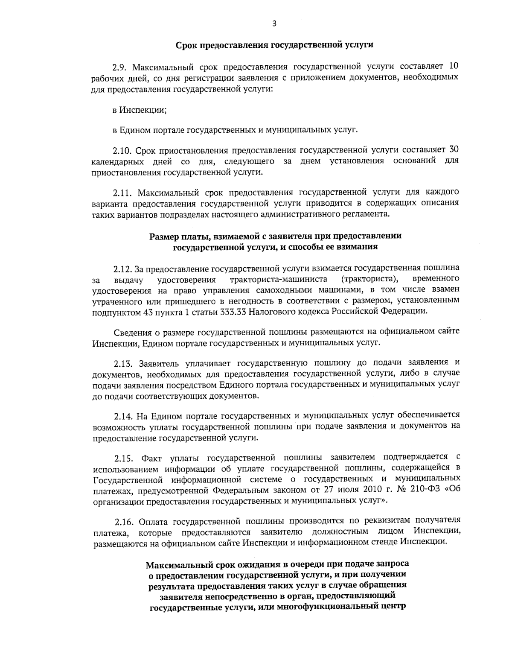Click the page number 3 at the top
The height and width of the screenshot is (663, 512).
(x=274, y=24)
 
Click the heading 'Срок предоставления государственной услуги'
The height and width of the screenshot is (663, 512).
(x=274, y=45)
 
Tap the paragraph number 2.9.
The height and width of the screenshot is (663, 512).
(x=120, y=67)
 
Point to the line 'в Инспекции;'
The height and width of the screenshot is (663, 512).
(x=140, y=110)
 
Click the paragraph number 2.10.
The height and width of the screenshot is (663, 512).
(x=122, y=150)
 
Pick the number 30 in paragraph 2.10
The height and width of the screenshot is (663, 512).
(x=454, y=150)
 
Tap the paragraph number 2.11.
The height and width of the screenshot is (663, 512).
(x=122, y=192)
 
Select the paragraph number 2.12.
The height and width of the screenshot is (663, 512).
(x=123, y=269)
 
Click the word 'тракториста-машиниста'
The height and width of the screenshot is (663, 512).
(x=279, y=280)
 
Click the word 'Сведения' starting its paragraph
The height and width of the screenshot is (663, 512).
(x=130, y=332)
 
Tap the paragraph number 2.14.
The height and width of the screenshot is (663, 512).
(x=124, y=415)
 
